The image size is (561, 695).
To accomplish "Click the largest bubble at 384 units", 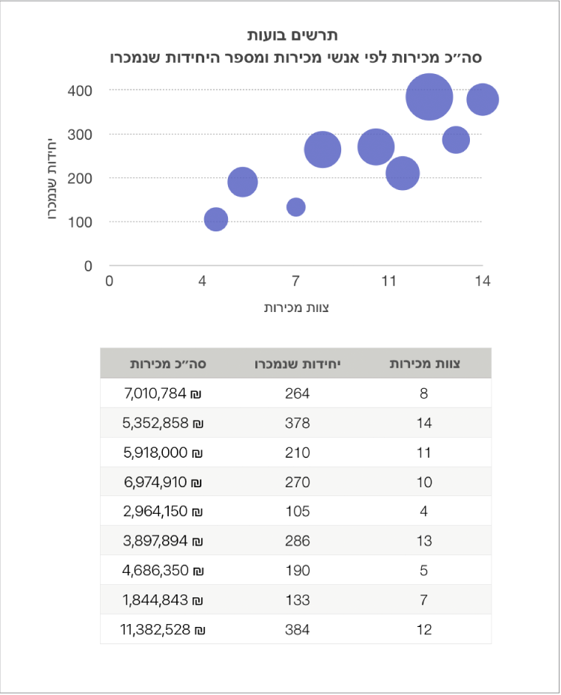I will point(429,96).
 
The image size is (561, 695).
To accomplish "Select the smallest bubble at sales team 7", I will point(296,207).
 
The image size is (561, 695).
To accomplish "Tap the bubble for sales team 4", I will point(215,219).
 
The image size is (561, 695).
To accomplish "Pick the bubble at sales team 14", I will point(483,100).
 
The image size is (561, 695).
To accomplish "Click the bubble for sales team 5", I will point(243,181).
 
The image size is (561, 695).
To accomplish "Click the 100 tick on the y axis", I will point(82,222).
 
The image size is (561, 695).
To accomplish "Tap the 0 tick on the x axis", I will point(110,281).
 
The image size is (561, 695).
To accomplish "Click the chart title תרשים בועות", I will point(293,35).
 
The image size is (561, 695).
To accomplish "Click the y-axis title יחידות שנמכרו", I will point(53,178).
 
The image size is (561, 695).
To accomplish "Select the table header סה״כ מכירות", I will point(168,364).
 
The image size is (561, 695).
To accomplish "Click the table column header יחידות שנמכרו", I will point(298,364).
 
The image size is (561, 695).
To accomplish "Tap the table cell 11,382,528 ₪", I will point(162,630).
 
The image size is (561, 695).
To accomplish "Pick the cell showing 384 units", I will point(298,630).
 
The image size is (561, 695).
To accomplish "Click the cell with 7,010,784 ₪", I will point(164,393).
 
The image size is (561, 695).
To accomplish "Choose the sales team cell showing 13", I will point(424,541).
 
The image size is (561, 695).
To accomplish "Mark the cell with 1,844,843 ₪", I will point(164,600).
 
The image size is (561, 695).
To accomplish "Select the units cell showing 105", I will point(298,512).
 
